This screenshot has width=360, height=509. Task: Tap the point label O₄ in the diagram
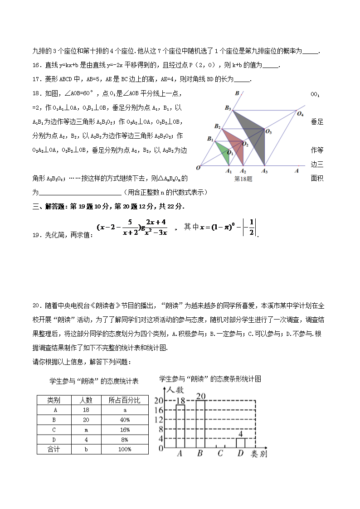pyautogui.click(x=300, y=113)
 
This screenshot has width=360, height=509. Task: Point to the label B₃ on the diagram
pyautogui.click(x=228, y=108)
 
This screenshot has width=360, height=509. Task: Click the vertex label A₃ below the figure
pyautogui.click(x=264, y=171)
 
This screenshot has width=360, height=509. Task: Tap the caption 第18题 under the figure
pyautogui.click(x=243, y=179)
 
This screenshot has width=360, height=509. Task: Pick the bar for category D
pyautogui.click(x=240, y=443)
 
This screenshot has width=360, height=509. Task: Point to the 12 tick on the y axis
pyautogui.click(x=159, y=419)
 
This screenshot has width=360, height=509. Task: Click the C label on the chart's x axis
pyautogui.click(x=220, y=453)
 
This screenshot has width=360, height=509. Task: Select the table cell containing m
pyautogui.click(x=86, y=430)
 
